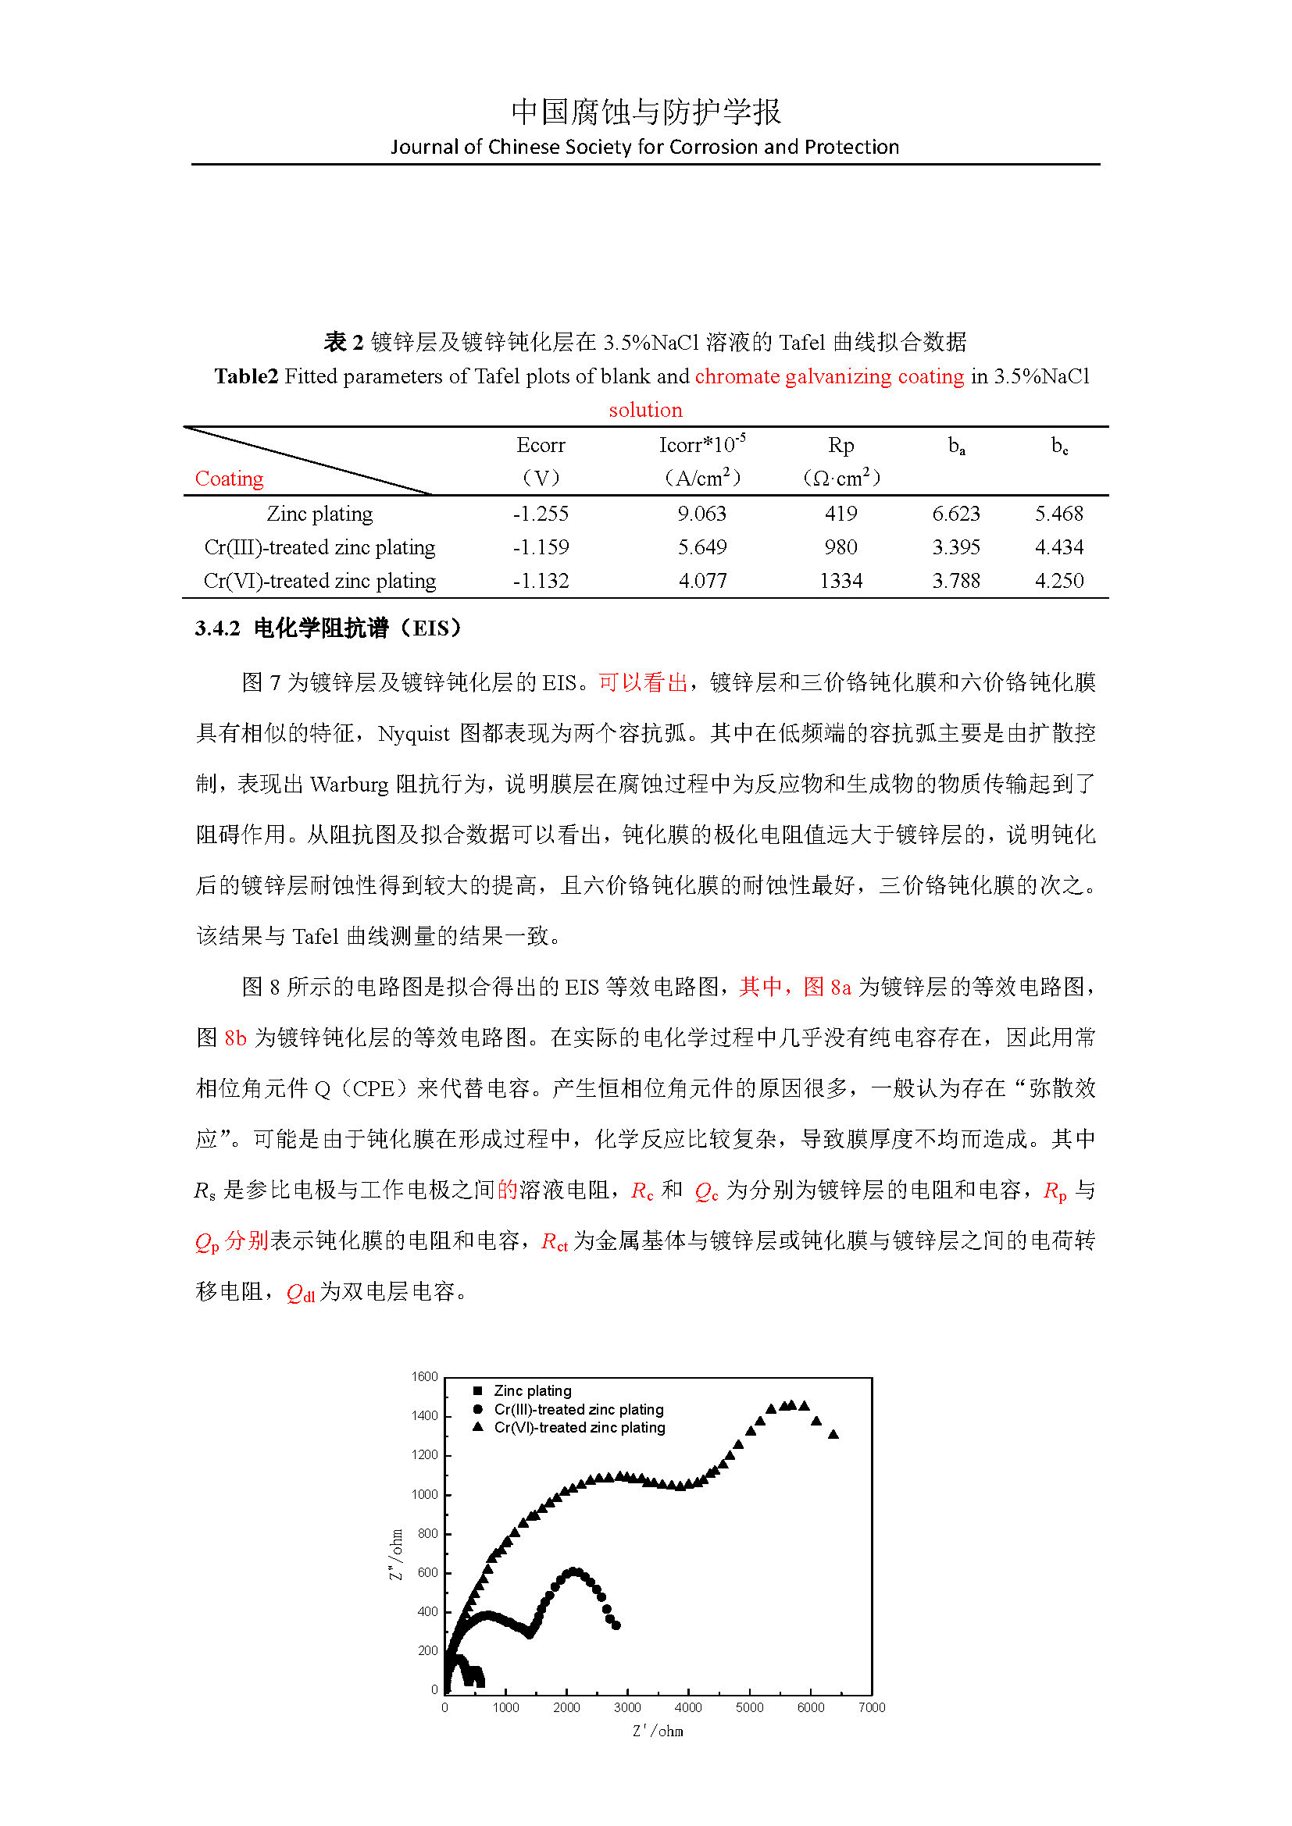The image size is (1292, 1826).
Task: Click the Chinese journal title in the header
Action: [x=645, y=112]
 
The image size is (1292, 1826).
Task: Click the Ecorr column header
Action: [x=541, y=445]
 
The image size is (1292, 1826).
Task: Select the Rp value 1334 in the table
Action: [x=841, y=581]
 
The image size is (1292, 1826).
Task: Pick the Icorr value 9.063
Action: [x=701, y=514]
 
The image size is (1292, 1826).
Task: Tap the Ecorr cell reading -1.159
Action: [x=541, y=547]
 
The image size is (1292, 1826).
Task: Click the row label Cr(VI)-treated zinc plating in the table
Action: [x=319, y=581]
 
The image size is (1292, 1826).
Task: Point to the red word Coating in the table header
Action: [x=229, y=479]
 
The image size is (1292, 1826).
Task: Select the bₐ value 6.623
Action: [x=955, y=514]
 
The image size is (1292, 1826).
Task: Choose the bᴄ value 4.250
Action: [x=1058, y=581]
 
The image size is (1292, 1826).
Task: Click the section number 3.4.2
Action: [x=217, y=628]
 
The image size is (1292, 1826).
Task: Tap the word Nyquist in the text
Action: [x=413, y=734]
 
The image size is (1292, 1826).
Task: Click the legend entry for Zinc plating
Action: [x=532, y=1390]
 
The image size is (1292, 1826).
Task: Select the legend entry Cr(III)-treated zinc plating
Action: [x=578, y=1409]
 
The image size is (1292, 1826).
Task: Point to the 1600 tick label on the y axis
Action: [x=425, y=1376]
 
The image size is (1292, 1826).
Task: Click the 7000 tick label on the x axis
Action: [x=871, y=1707]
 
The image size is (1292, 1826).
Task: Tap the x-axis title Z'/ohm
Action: [x=657, y=1732]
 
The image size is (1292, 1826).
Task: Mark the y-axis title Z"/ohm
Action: [x=396, y=1554]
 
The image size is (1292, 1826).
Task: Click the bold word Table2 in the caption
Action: [x=246, y=376]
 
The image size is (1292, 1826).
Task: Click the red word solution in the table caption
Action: [x=645, y=411]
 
